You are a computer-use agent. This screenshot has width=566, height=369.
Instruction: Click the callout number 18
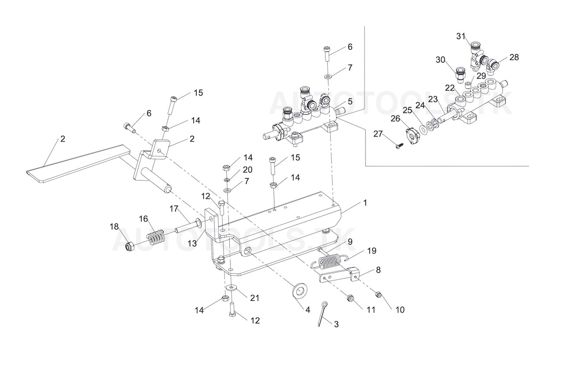114,227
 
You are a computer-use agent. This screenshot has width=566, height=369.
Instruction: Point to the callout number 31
461,36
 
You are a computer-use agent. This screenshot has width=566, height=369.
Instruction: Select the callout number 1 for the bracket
365,203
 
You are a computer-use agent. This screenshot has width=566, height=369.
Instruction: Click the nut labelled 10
379,295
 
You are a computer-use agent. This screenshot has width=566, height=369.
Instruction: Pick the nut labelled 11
350,298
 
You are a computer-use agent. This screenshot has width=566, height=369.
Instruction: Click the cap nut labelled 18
130,246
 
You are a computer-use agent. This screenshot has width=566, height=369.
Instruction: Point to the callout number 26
395,118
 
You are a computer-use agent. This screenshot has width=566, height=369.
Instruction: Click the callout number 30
440,60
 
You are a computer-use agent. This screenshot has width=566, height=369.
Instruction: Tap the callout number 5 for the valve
350,101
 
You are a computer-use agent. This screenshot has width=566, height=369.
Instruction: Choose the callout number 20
248,170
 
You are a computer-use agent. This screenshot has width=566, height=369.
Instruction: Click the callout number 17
174,208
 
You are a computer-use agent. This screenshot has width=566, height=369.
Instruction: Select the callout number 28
514,57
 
